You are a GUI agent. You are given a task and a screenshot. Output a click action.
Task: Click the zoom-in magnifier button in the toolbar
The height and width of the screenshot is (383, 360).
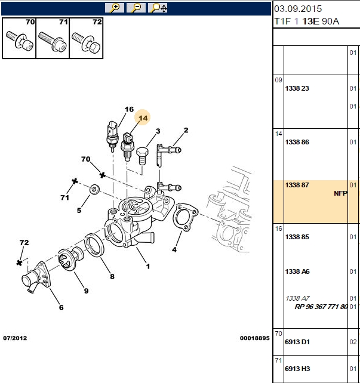point(115,8)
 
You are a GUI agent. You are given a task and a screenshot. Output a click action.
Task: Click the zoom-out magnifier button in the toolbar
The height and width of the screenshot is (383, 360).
point(136,8)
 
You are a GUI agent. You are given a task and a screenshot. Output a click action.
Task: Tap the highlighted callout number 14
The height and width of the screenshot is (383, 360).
point(143,118)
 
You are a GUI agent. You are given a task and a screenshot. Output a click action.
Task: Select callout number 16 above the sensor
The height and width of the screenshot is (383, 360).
point(129,109)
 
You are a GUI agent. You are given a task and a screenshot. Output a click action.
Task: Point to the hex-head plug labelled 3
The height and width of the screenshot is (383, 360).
point(142,156)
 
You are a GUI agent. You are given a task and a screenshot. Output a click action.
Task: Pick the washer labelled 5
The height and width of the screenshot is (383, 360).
point(94,189)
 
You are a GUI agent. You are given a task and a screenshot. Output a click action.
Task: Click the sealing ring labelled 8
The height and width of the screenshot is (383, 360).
point(94,245)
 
